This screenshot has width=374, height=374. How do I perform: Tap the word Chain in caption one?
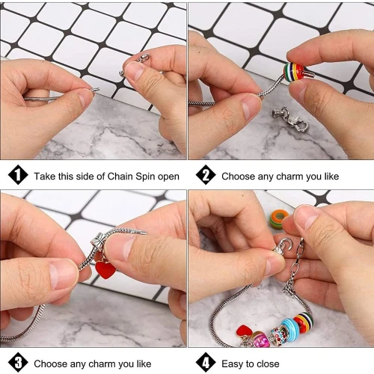pyautogui.click(x=120, y=177)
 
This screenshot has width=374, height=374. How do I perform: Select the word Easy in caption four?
pyautogui.click(x=232, y=364)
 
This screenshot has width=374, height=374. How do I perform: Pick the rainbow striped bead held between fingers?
pyautogui.click(x=294, y=72)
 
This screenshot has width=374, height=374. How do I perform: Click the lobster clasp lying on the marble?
pyautogui.click(x=290, y=119)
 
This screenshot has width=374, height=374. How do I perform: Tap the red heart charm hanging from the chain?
pyautogui.click(x=105, y=269)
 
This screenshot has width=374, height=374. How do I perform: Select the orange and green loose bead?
pyautogui.click(x=279, y=219)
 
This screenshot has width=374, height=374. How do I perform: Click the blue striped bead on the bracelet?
pyautogui.click(x=291, y=328)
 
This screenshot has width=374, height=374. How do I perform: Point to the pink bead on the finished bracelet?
pyautogui.click(x=260, y=339)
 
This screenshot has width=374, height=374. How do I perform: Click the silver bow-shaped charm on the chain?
pyautogui.click(x=99, y=241)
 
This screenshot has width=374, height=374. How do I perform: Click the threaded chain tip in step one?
pyautogui.click(x=95, y=90)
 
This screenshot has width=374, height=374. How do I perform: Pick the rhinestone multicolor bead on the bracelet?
pyautogui.click(x=278, y=336)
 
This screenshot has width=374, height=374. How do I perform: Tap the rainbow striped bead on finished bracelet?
pyautogui.click(x=303, y=322)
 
